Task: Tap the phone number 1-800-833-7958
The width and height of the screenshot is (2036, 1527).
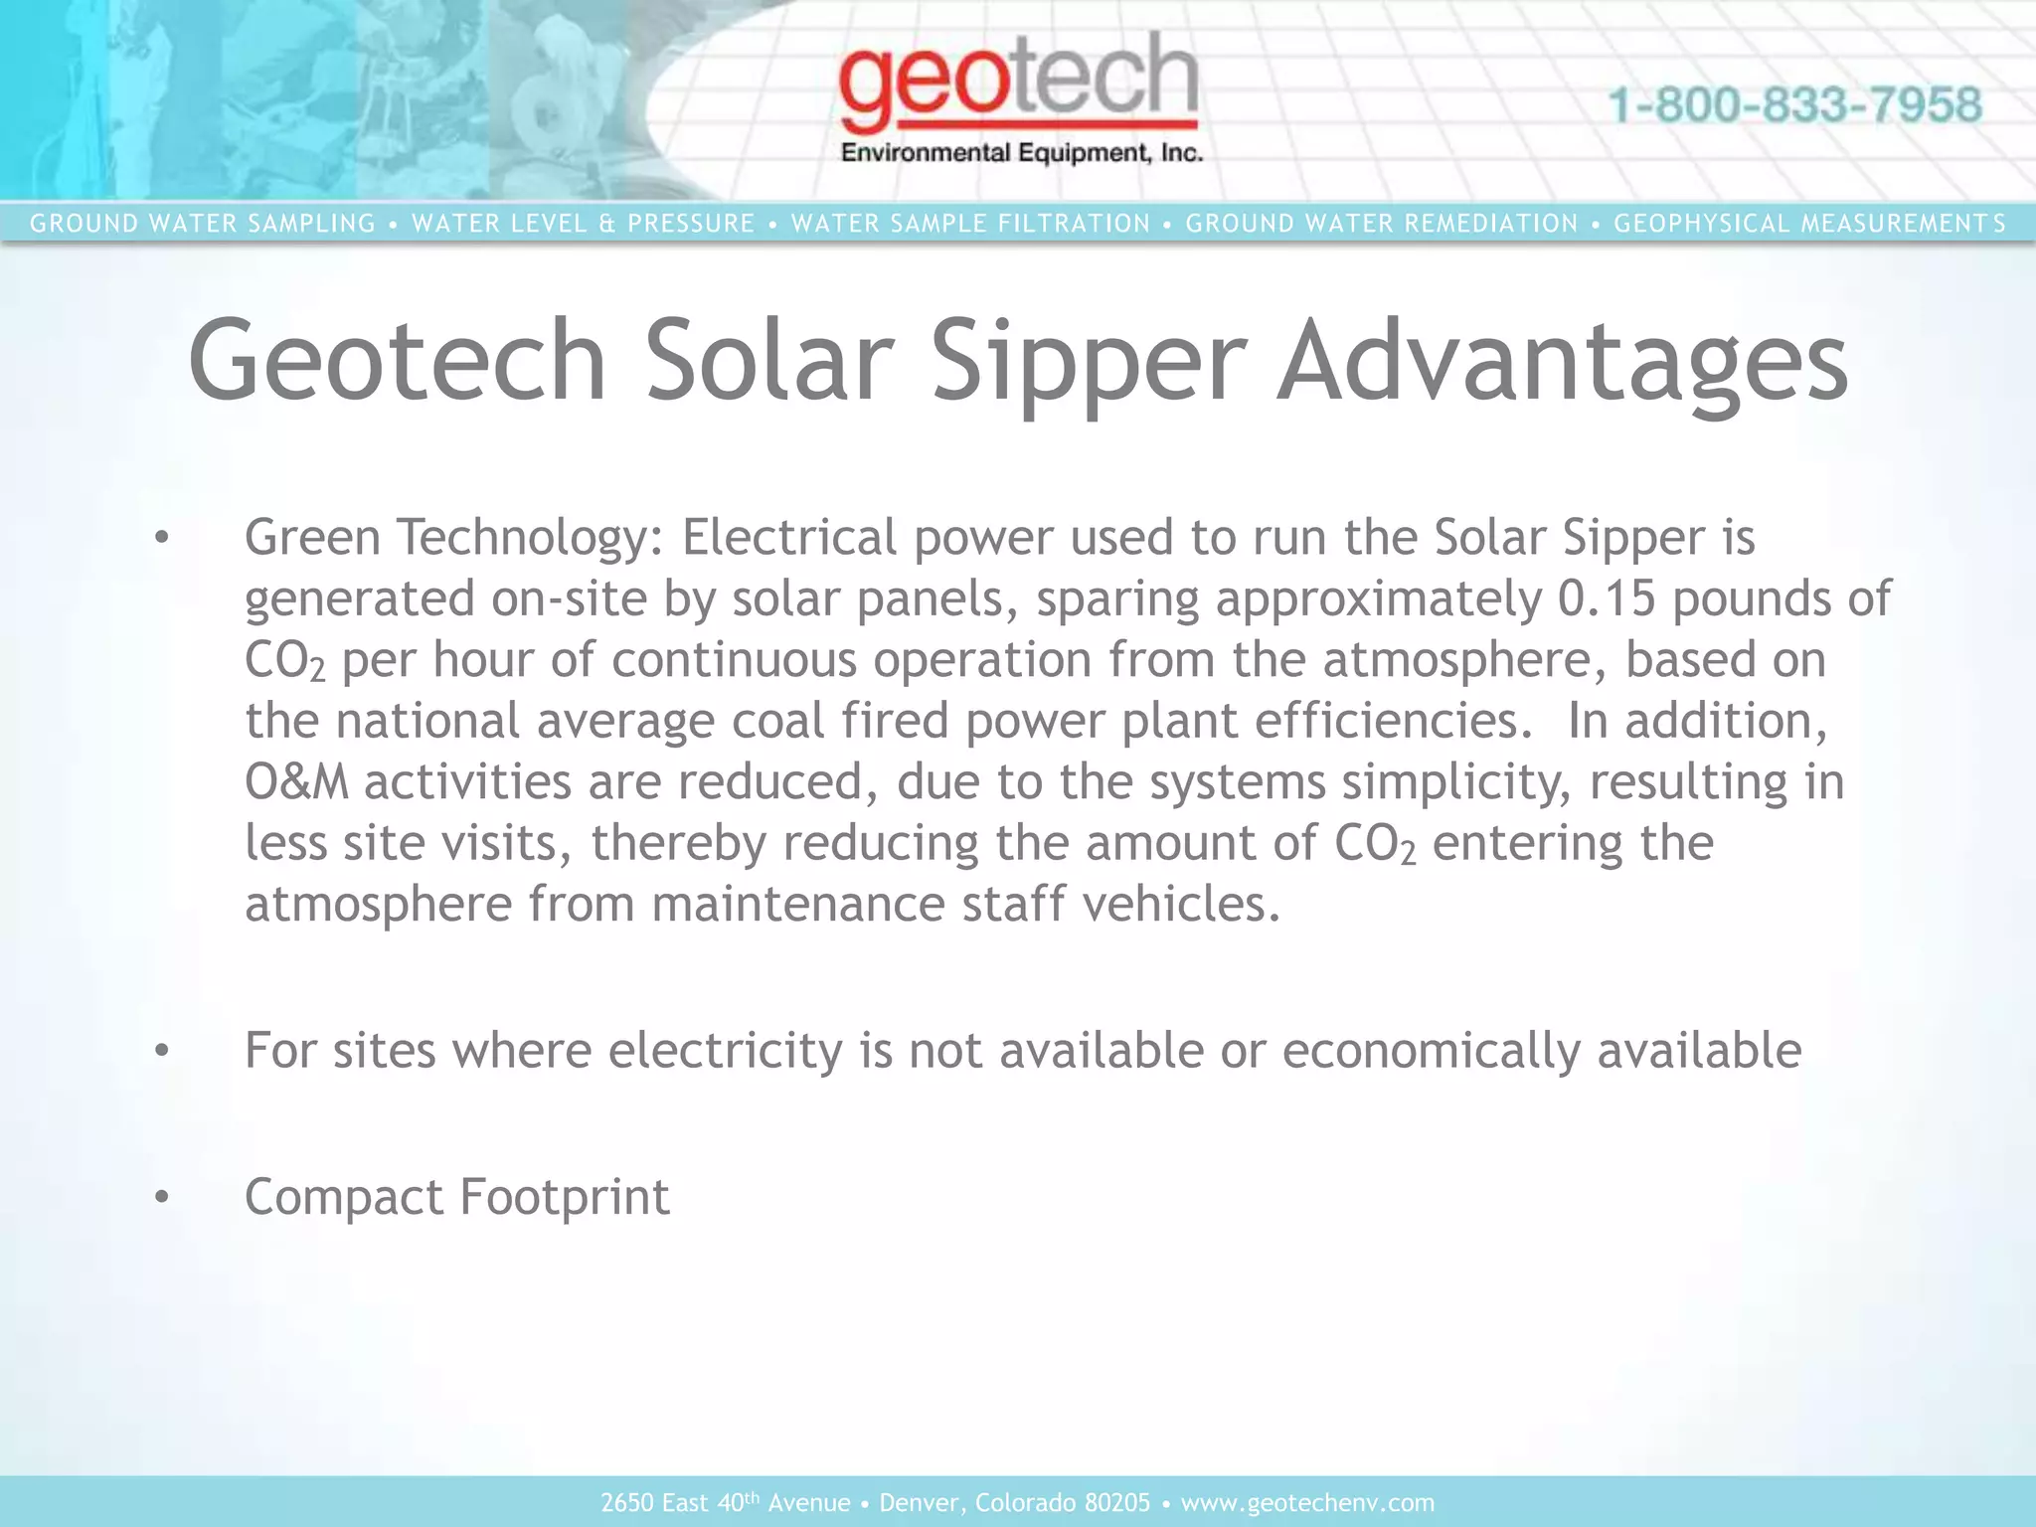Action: pos(1794,105)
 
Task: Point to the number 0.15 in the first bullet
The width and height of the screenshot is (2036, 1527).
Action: pos(1607,598)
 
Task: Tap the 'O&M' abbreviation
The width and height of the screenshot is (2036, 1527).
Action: pos(296,781)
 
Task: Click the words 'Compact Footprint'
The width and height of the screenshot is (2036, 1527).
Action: pos(457,1196)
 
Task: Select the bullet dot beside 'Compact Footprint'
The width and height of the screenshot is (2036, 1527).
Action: pos(162,1197)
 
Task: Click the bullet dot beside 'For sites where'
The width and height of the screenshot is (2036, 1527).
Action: pos(162,1051)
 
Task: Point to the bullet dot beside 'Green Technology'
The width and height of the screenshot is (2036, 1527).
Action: pos(162,539)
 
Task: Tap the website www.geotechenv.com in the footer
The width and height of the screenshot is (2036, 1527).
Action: pos(1307,1502)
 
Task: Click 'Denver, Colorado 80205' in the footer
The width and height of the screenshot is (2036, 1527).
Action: pos(1015,1502)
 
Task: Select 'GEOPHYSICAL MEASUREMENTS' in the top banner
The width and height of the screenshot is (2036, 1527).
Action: pos(1809,224)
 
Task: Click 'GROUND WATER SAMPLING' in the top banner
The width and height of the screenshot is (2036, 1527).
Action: pos(203,224)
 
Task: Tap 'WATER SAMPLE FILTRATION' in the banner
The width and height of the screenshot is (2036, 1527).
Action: pos(970,224)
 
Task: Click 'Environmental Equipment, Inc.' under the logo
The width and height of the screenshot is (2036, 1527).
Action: pos(1022,153)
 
